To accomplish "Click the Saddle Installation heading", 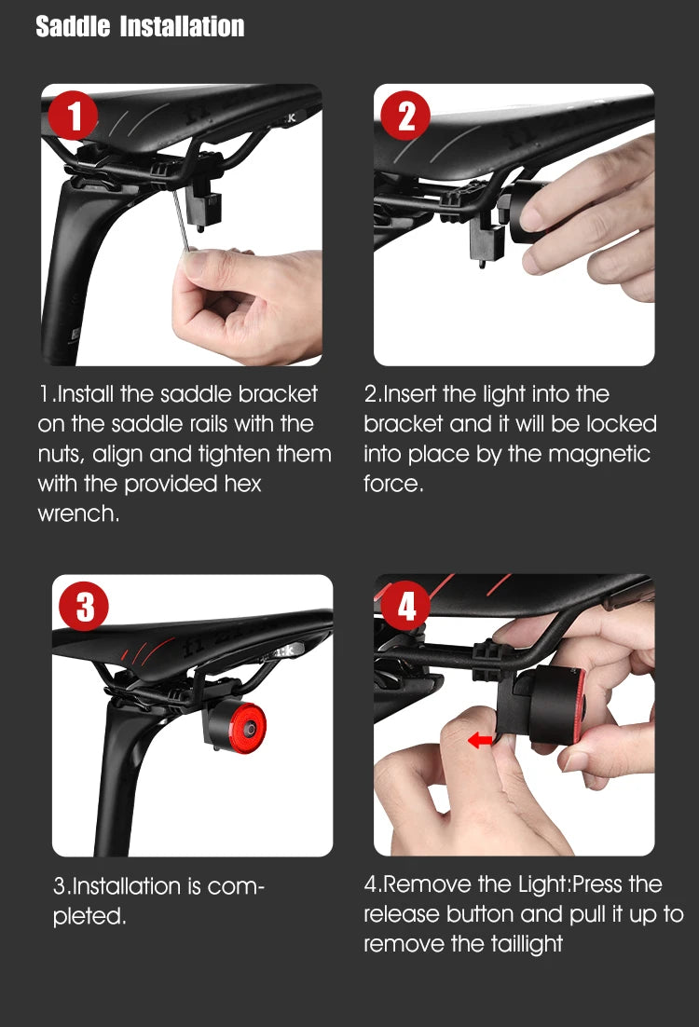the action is point(140,26).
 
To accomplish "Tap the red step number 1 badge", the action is point(73,116).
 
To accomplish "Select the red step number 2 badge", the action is point(405,116).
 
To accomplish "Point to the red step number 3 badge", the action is point(85,606).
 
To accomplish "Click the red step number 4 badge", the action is point(406,605).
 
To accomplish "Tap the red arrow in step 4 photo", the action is point(480,741).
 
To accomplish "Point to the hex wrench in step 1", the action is point(181,221).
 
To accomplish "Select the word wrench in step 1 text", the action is point(78,513).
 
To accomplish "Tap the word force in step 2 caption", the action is point(393,484).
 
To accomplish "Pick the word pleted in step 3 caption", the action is point(89,916).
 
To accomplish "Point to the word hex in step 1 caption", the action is point(242,484).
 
